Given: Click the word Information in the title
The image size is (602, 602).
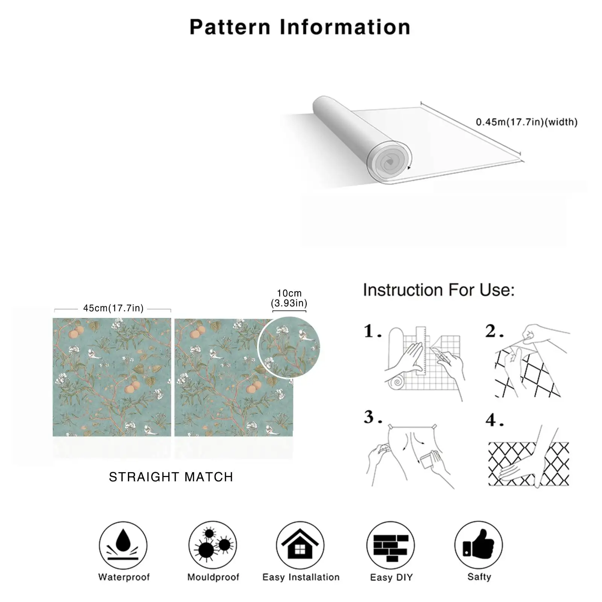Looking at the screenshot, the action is pos(345,27).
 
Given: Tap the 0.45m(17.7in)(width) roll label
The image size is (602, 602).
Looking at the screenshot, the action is pos(526,122).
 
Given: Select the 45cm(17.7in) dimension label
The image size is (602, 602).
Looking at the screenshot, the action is pos(113,308).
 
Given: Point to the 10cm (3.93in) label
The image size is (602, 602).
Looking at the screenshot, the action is pos(289,298).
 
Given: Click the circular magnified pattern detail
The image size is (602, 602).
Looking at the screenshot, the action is pos(289,347).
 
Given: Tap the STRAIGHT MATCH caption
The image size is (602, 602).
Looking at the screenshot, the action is pos(171,477).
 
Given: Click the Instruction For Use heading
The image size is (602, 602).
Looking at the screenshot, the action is pos(439,290).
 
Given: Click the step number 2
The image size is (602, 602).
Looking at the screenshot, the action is pos(494,331).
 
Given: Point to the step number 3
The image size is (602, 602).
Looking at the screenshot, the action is pos(372,417).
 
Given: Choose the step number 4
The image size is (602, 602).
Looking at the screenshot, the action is pos(494,420).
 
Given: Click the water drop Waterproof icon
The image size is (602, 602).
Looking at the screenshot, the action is pos(123,545).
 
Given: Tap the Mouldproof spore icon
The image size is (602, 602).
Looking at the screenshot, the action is pos(213,545).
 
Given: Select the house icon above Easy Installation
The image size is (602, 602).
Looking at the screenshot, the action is pos(300,545).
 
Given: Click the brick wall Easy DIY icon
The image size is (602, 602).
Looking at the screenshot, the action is pos(391,545).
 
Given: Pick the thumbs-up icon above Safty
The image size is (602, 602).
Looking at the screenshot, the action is pos(479,545).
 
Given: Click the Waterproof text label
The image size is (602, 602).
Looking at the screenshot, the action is pos(124,577).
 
